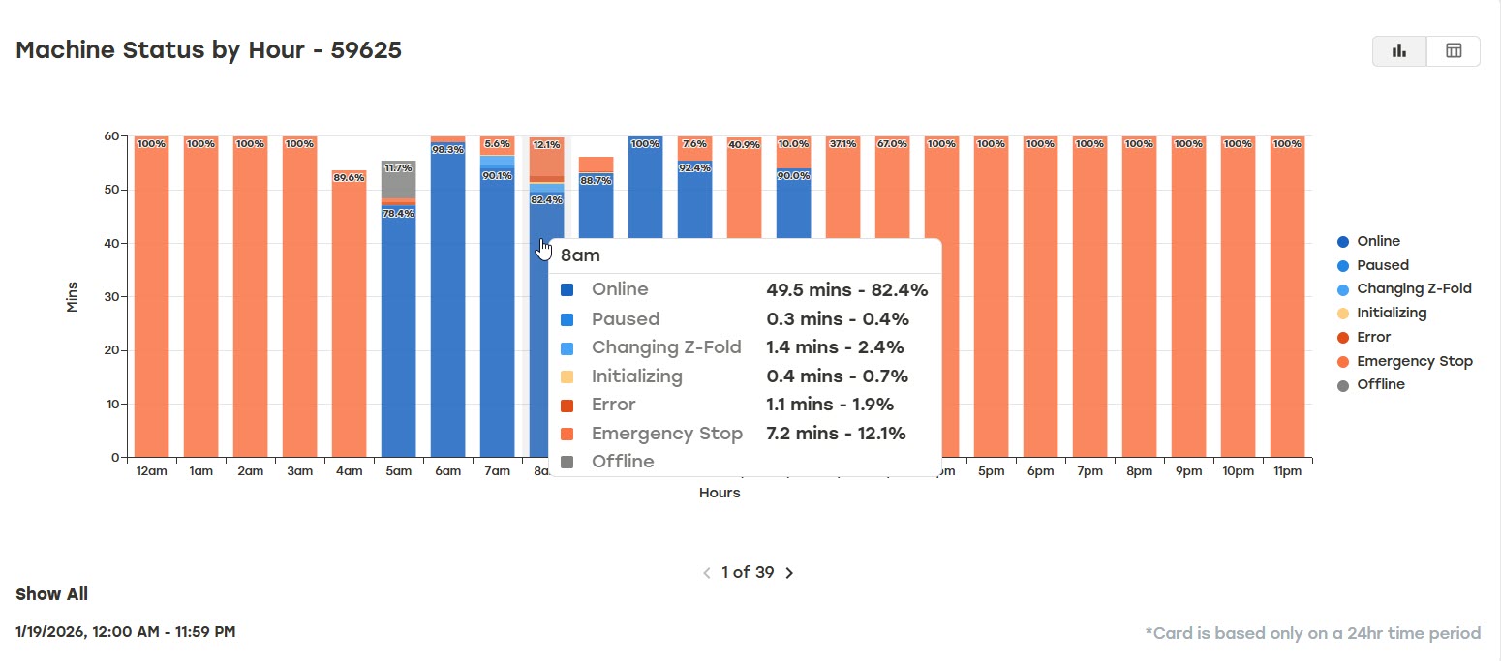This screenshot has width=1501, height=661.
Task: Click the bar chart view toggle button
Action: (1399, 51)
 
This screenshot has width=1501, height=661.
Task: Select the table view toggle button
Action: (1454, 51)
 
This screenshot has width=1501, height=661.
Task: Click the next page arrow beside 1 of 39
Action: (789, 573)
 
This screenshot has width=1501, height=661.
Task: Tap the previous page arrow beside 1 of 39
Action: (706, 573)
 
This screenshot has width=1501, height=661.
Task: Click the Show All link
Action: (51, 594)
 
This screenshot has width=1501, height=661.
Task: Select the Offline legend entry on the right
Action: (1371, 385)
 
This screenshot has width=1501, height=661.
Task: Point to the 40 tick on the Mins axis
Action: (111, 243)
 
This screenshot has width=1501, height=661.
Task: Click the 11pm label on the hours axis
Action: (1287, 471)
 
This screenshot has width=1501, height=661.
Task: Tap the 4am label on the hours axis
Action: (350, 471)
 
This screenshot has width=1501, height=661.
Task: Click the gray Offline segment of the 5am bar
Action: (399, 179)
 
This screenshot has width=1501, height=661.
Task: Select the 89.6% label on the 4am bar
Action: (350, 177)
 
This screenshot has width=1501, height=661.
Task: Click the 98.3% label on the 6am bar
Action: (447, 149)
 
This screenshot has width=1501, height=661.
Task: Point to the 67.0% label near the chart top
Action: (892, 144)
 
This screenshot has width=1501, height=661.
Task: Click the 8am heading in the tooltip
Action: (580, 255)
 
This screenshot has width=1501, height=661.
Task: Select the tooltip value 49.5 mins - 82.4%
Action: (847, 290)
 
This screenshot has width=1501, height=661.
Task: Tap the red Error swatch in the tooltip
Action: (567, 406)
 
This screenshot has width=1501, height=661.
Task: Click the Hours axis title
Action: (720, 493)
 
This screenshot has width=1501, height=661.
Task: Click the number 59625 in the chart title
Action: (366, 50)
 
